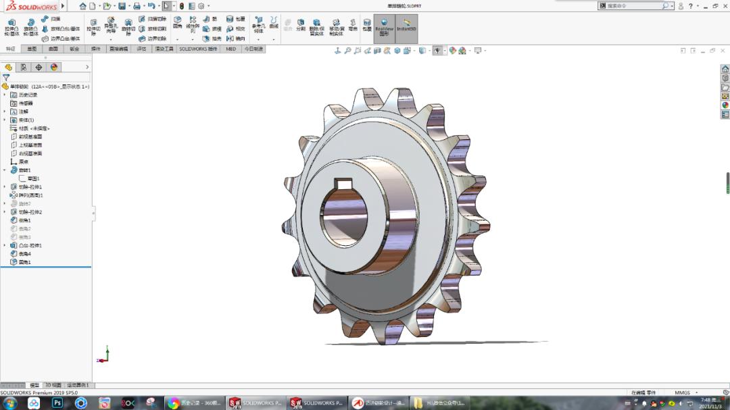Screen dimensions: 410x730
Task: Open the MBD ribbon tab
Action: tap(231, 49)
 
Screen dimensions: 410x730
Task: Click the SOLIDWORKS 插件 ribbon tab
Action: tap(198, 49)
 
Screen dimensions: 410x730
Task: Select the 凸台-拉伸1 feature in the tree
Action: tap(30, 245)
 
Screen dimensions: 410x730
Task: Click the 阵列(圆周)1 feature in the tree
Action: tap(30, 195)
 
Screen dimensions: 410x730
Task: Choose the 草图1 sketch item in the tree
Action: tap(33, 178)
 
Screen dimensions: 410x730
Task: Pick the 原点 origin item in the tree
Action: tap(23, 161)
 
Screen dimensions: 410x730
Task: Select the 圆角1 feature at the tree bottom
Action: tap(24, 262)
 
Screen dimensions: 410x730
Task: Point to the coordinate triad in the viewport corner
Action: tap(103, 356)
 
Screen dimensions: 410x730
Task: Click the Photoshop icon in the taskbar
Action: tap(57, 403)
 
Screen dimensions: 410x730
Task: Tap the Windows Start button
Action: tap(10, 403)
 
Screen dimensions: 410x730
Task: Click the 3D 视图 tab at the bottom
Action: tap(53, 385)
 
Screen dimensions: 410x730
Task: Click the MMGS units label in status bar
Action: tap(682, 392)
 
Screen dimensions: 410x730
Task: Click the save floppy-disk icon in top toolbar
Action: tap(122, 6)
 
